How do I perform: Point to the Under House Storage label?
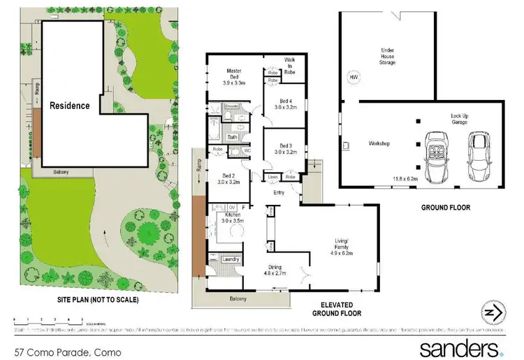point(388,56)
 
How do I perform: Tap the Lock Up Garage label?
point(460,120)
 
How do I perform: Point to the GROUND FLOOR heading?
point(445,207)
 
